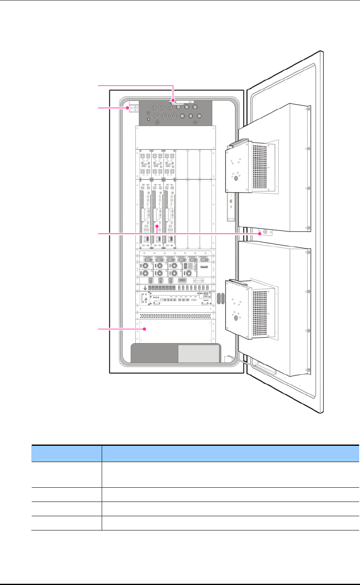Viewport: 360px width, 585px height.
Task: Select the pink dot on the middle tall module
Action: pyautogui.click(x=157, y=226)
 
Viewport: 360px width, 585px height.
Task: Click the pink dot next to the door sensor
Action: pyautogui.click(x=260, y=234)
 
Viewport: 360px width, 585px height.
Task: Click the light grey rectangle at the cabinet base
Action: pyautogui.click(x=199, y=353)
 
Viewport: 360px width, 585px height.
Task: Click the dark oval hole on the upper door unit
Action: pyautogui.click(x=236, y=178)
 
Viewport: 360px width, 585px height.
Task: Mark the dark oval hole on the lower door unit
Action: pyautogui.click(x=236, y=318)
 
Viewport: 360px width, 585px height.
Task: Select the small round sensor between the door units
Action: pyautogui.click(x=266, y=232)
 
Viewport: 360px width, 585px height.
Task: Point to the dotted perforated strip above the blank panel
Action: pyautogui.click(x=175, y=316)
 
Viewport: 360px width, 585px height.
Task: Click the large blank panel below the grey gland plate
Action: pyautogui.click(x=175, y=137)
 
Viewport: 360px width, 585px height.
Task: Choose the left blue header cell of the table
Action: pyautogui.click(x=66, y=453)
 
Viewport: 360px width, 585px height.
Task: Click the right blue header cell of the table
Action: pyautogui.click(x=230, y=453)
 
